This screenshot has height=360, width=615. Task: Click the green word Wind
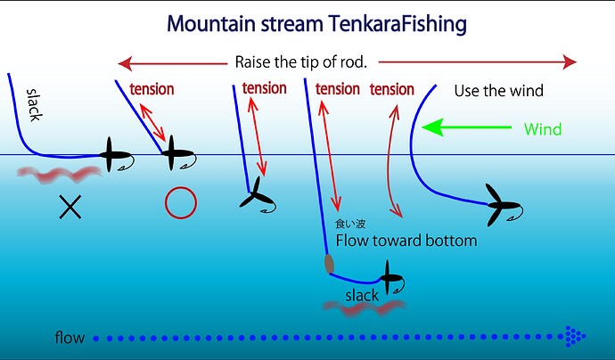(542, 129)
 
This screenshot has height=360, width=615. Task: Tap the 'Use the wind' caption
(498, 91)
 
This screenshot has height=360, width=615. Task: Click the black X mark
(70, 208)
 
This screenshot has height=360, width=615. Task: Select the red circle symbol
(180, 203)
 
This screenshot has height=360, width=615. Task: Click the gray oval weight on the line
(329, 263)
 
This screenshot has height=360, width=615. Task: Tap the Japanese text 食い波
(350, 225)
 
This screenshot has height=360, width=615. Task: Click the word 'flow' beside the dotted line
(70, 338)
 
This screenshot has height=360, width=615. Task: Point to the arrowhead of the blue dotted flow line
(574, 337)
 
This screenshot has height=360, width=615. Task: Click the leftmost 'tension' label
(152, 89)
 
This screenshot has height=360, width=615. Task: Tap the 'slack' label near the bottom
(362, 295)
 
